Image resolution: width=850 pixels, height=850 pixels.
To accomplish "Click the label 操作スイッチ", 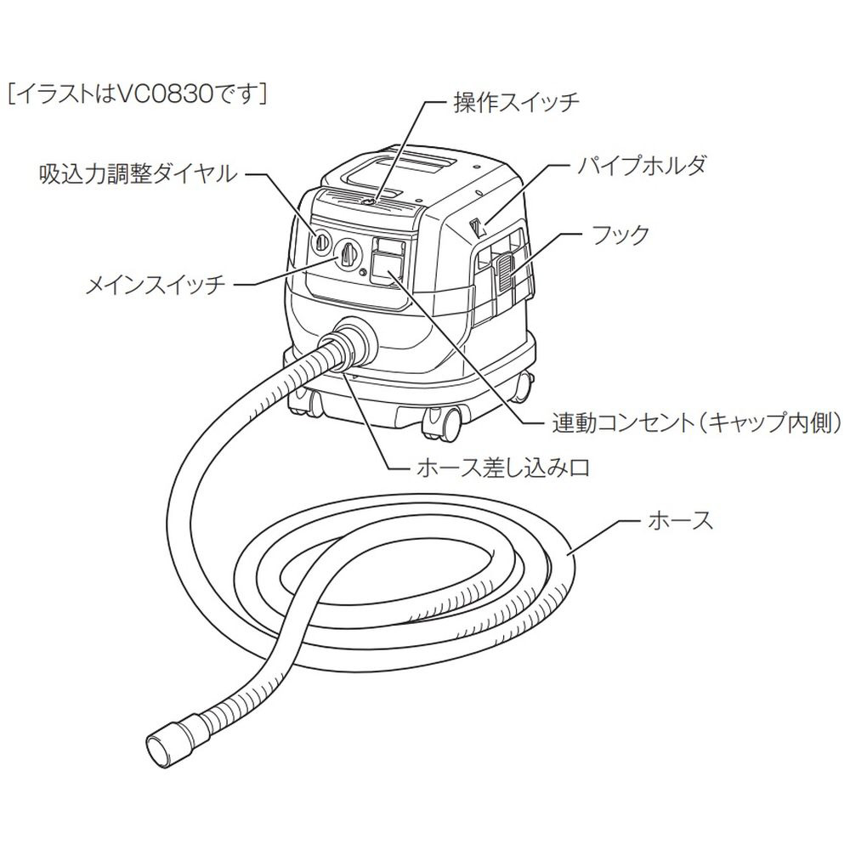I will [515, 103].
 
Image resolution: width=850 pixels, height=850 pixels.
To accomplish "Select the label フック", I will [624, 234].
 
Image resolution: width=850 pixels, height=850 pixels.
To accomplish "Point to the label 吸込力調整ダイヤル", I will [136, 174].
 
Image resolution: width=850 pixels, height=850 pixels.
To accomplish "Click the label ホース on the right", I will [680, 520].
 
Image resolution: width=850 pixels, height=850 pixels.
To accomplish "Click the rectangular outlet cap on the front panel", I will [388, 266].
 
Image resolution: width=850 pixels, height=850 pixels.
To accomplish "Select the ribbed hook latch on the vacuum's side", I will [502, 270].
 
